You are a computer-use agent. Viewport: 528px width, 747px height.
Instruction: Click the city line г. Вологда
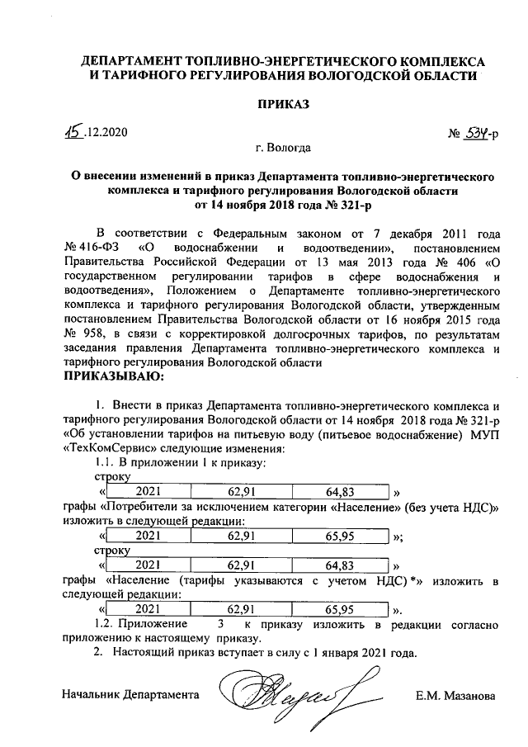(x=283, y=149)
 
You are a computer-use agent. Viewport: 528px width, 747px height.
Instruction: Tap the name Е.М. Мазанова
(x=455, y=696)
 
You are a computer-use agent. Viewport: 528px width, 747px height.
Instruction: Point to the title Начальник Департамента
(x=131, y=696)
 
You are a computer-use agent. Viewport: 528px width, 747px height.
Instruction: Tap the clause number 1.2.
(x=106, y=625)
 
